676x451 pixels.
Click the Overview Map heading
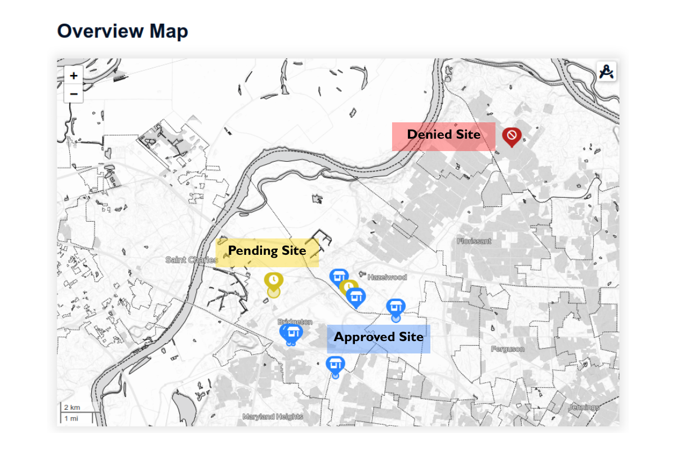tap(122, 31)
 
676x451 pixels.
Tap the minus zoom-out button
tap(74, 94)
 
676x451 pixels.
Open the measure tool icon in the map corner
tap(607, 72)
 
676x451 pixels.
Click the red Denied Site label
tap(443, 135)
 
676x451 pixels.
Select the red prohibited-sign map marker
tap(512, 136)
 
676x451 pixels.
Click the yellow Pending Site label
tap(267, 251)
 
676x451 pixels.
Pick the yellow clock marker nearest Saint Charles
tap(273, 281)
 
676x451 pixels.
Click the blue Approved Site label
tap(379, 338)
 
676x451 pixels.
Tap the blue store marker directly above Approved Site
tap(395, 307)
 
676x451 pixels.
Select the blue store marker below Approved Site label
tap(335, 364)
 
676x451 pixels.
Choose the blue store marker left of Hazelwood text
tap(339, 277)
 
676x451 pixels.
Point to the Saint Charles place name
tap(192, 260)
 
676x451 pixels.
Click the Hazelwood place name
tap(387, 277)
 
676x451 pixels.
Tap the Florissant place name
tap(474, 241)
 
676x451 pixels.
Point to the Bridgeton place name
tap(295, 322)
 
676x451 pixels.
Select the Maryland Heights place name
tap(273, 417)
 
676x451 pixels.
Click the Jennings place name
tap(584, 407)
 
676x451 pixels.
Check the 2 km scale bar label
tap(72, 408)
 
